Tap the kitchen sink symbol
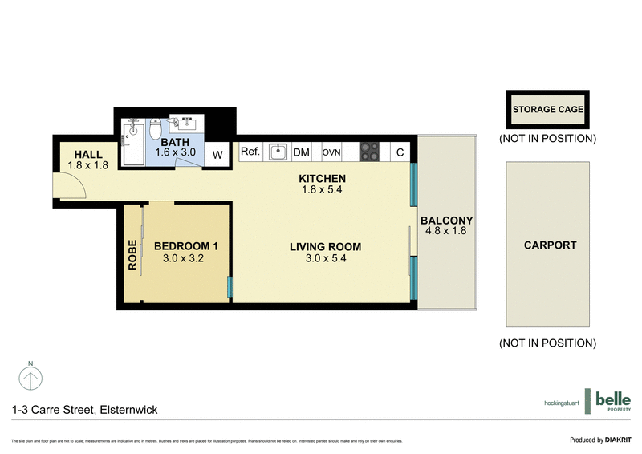(278, 152)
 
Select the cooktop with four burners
(369, 152)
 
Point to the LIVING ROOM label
(325, 246)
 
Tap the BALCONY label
(446, 221)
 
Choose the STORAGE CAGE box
(547, 110)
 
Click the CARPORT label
(550, 245)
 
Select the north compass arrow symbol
(30, 375)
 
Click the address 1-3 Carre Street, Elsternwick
(84, 409)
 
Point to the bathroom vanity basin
(189, 123)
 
